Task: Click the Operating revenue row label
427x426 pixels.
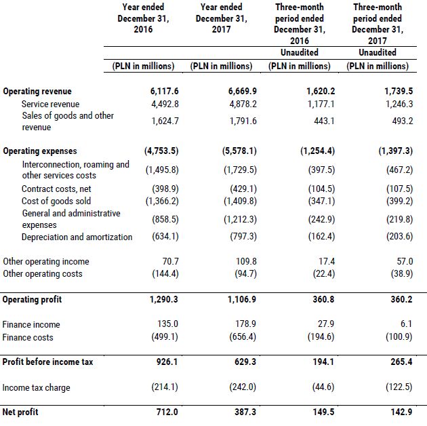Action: click(37, 92)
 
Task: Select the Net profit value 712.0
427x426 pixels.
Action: click(165, 412)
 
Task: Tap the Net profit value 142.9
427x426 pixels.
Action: click(398, 412)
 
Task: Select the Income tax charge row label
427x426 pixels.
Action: click(37, 387)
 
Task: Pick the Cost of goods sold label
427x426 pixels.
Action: click(56, 201)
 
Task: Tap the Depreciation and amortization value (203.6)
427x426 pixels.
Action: click(395, 237)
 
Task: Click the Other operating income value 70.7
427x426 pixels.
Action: click(168, 261)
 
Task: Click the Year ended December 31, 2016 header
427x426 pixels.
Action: click(143, 18)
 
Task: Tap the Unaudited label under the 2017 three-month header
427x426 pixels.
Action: click(378, 52)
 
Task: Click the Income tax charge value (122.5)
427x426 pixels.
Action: click(395, 387)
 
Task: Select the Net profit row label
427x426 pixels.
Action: click(20, 412)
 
